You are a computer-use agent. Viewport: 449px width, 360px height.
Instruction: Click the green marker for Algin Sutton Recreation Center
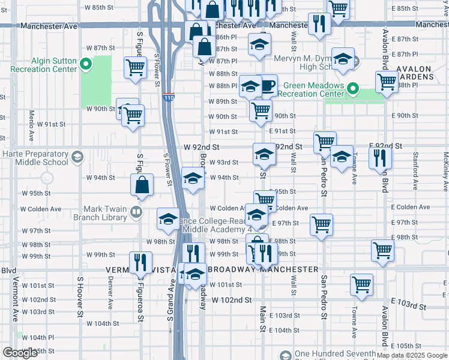86,64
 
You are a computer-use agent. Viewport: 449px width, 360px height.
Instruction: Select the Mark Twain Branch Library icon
136,212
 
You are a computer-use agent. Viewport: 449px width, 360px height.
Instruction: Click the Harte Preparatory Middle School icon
76,158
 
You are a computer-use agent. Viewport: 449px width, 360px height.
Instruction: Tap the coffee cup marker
267,85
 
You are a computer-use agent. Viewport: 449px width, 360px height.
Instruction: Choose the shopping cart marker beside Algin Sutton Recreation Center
136,67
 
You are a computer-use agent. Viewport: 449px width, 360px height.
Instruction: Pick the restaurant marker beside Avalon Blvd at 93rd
380,158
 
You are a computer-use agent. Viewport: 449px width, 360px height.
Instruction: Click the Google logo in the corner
20,353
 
